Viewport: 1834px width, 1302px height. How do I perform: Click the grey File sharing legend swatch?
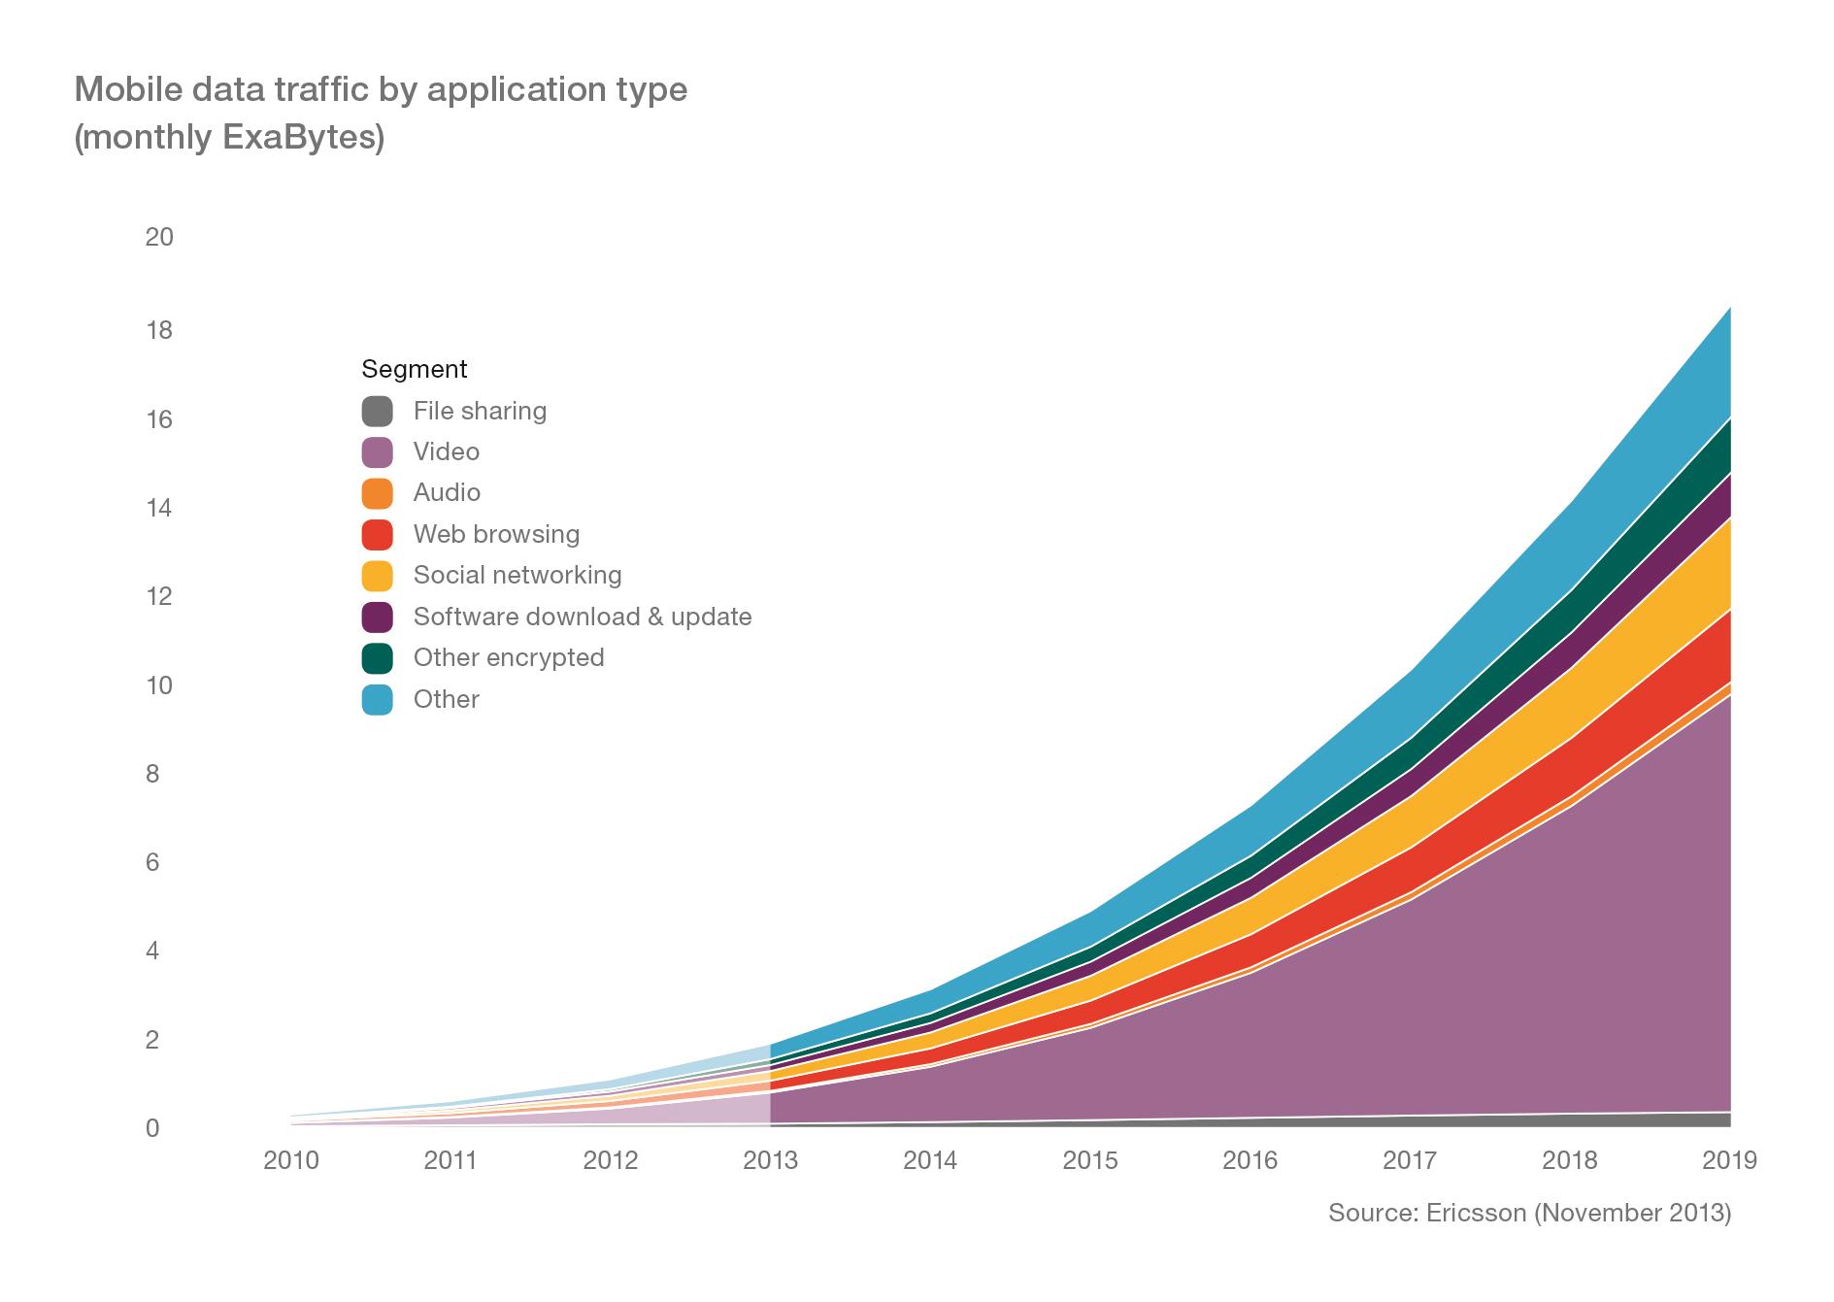tap(377, 412)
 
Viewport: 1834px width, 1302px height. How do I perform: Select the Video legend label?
tap(446, 452)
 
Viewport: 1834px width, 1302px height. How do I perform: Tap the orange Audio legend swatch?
tap(377, 493)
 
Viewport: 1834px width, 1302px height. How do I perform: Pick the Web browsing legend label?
tap(496, 534)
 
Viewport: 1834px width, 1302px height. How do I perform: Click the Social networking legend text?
tap(517, 575)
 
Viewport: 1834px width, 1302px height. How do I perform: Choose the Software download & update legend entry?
tap(582, 617)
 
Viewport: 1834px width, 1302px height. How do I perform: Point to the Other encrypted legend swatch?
tap(377, 658)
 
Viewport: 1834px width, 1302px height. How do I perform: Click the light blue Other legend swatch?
tap(377, 700)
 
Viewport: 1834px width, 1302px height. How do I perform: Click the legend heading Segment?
tap(414, 370)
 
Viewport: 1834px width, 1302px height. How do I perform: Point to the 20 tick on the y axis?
tap(158, 237)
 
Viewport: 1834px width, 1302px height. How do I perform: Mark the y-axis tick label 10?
tap(158, 685)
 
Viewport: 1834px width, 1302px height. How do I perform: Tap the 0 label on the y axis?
tap(152, 1129)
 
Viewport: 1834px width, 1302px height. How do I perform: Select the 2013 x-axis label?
tap(770, 1161)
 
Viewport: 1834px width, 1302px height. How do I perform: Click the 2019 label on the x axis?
tap(1729, 1161)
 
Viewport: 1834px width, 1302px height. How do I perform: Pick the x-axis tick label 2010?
tap(291, 1161)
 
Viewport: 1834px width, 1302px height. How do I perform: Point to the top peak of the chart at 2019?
tap(1729, 309)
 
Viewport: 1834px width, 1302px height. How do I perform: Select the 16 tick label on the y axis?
tap(158, 419)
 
